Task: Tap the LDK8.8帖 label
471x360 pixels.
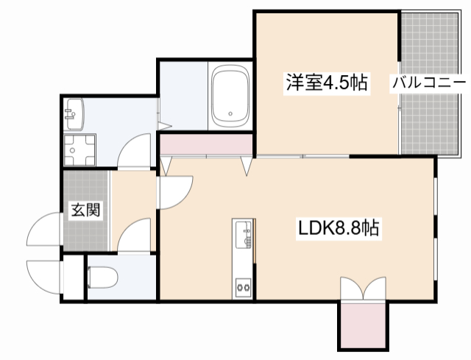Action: [x=339, y=229]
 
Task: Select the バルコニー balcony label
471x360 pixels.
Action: [x=428, y=82]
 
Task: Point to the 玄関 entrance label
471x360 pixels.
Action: [x=85, y=211]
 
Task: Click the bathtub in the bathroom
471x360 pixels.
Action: [x=231, y=99]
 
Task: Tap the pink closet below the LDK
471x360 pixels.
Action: [x=361, y=325]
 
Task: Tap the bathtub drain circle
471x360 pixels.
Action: [x=230, y=115]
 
